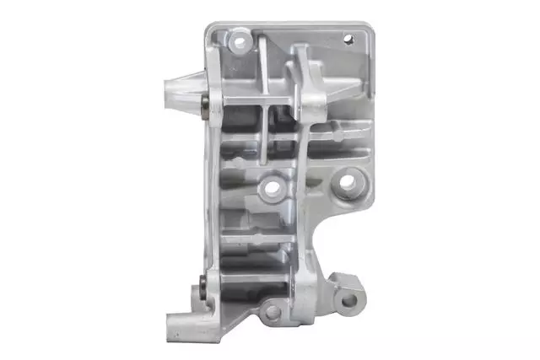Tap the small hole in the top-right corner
[345, 38]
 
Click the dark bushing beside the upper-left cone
[205, 104]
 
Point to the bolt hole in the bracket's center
[272, 190]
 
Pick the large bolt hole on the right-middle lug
[347, 180]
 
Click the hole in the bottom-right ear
[348, 298]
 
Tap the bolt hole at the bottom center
[272, 311]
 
